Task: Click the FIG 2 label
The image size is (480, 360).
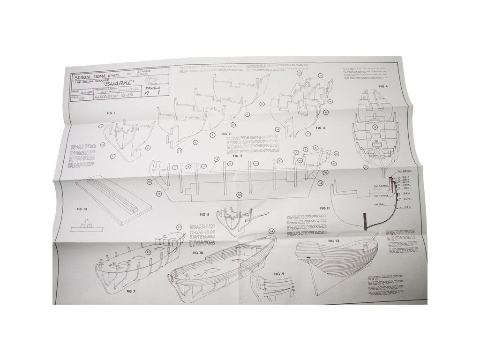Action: coord(227,134)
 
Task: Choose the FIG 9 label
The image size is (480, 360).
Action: coord(279,274)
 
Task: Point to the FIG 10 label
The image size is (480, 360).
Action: coord(198,253)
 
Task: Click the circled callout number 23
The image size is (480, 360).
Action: coord(179,228)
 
